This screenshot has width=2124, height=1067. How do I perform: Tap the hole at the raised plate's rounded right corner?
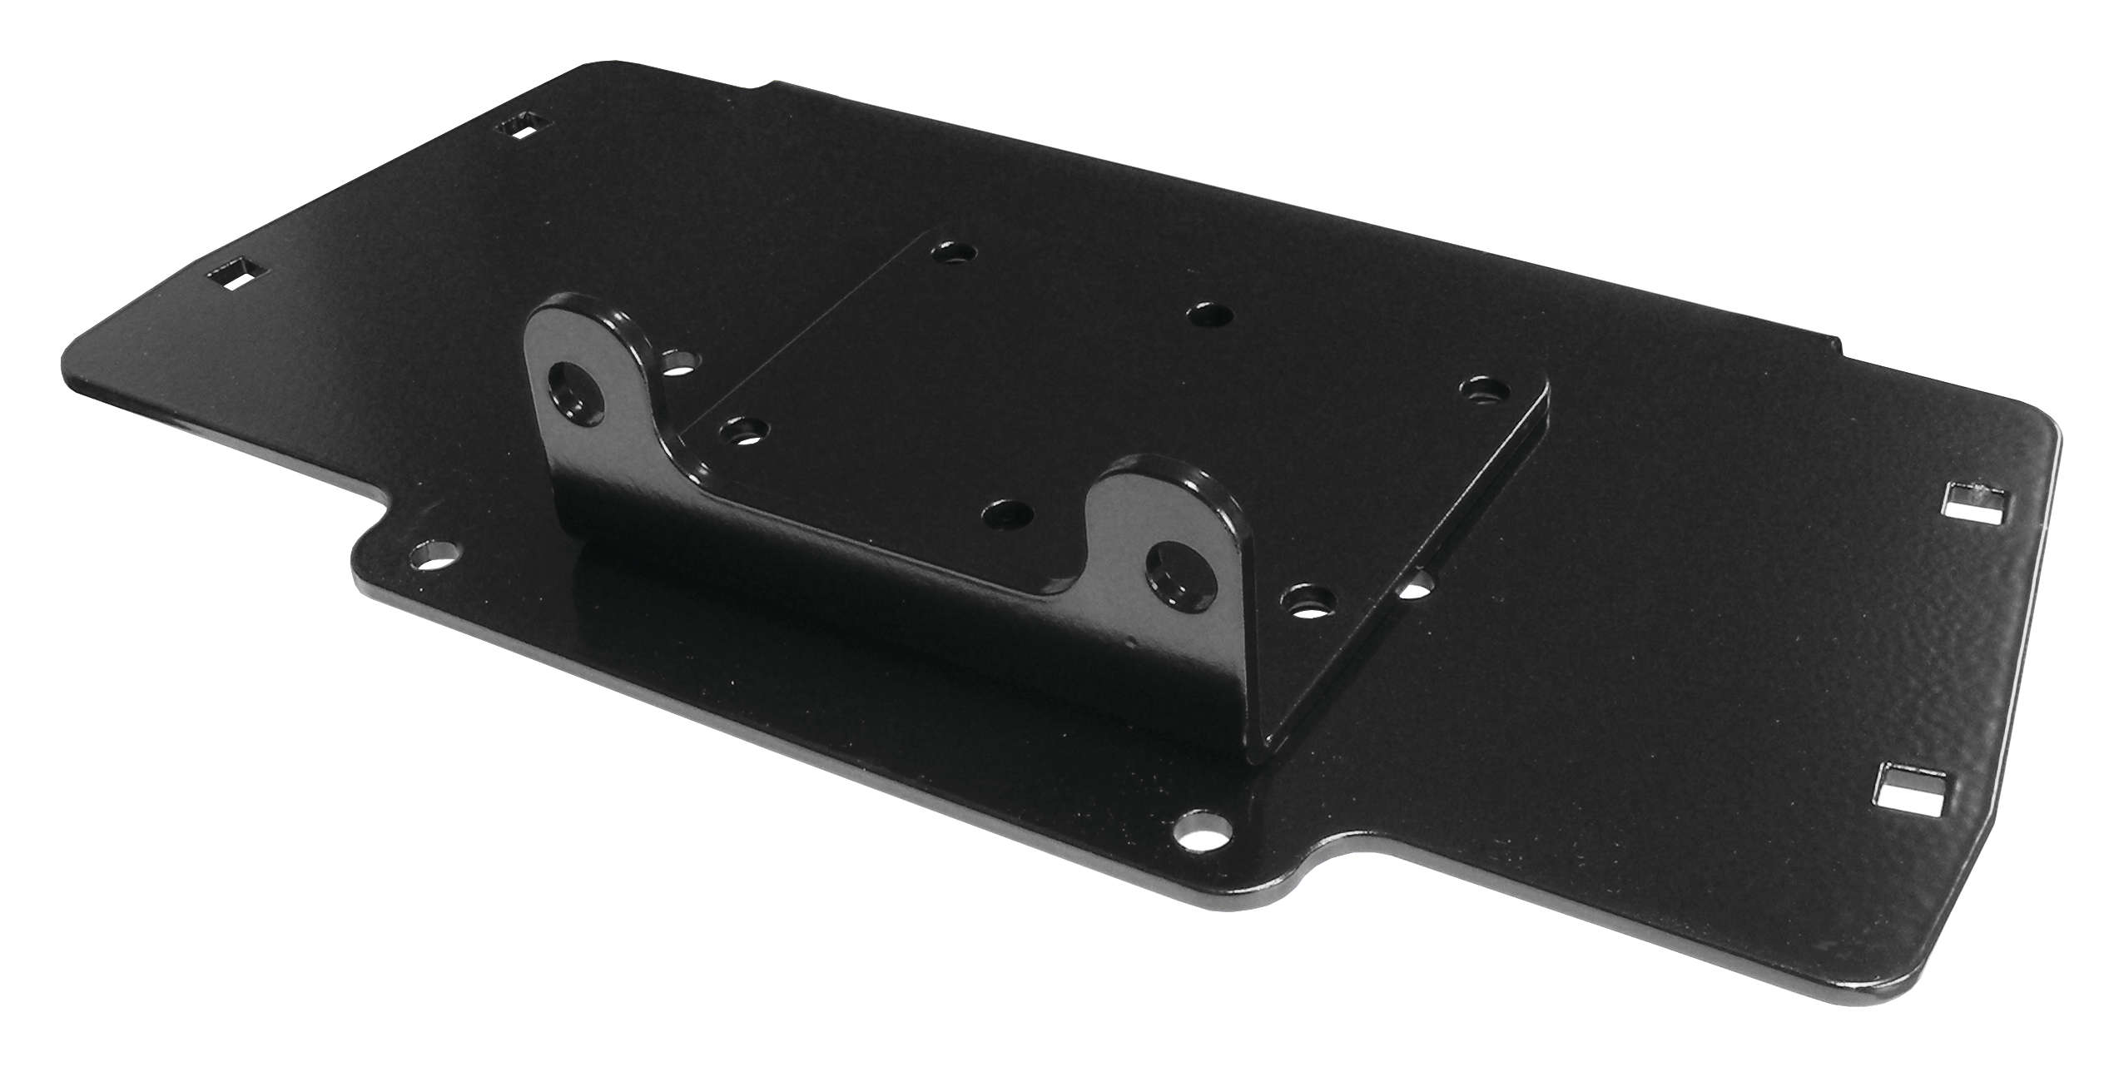tap(1483, 390)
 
